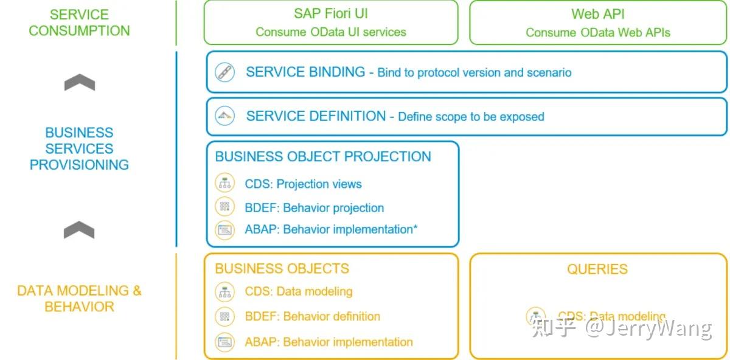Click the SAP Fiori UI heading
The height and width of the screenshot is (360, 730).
click(330, 13)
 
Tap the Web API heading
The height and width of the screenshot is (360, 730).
click(597, 13)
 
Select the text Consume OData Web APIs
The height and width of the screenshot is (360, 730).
click(597, 32)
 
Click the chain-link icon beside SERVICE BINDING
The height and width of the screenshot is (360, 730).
click(225, 72)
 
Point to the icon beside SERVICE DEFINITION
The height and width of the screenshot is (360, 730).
click(225, 116)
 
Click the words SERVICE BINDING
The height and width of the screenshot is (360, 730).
click(305, 72)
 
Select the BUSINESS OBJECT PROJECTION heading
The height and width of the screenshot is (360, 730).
click(323, 156)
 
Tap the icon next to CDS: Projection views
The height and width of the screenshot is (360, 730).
click(225, 183)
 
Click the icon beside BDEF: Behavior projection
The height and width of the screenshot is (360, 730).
click(225, 207)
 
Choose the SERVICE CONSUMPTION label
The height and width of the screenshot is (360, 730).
click(79, 22)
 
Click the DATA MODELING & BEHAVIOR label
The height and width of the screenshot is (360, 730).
click(79, 299)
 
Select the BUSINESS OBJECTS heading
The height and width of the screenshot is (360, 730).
click(282, 268)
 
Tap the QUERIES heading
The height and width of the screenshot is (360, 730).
click(597, 269)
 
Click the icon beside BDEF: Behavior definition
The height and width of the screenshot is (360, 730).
click(225, 316)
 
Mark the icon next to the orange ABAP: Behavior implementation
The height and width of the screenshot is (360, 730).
click(225, 342)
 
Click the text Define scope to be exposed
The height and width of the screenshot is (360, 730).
click(471, 117)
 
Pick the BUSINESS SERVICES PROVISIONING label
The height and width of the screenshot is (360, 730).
click(79, 148)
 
